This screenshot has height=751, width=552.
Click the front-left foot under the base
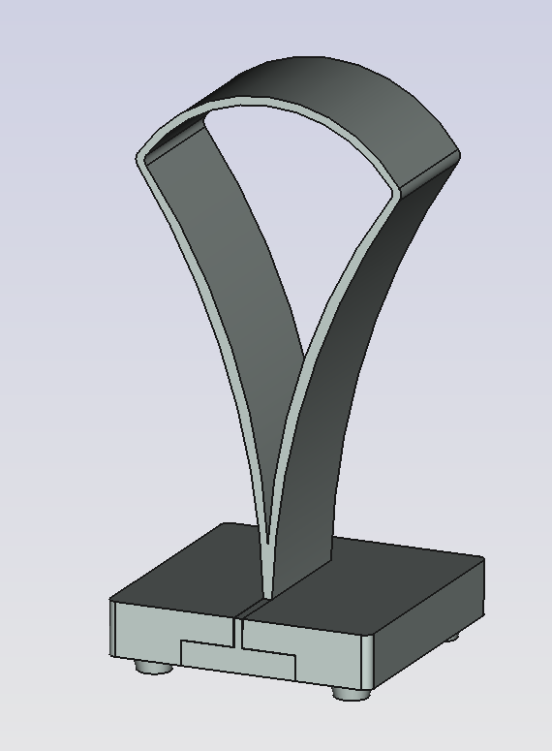tap(149, 667)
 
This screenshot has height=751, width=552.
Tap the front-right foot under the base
tap(349, 692)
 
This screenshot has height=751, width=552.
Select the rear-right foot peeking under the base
tap(452, 637)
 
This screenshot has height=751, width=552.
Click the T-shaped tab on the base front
tap(238, 657)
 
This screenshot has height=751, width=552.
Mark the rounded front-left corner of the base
tap(113, 630)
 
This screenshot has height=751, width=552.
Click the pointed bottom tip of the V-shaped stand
tap(267, 591)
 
